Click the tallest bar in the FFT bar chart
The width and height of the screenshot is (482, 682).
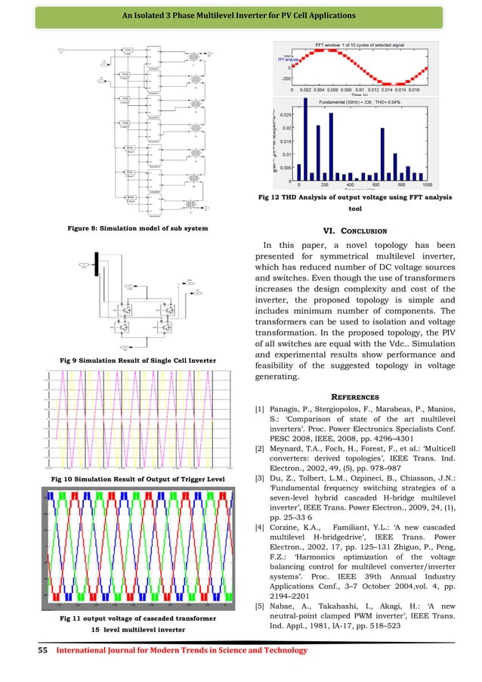305,139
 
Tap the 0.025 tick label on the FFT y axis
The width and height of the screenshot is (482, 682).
285,115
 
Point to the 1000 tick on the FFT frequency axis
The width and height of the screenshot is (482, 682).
428,185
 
